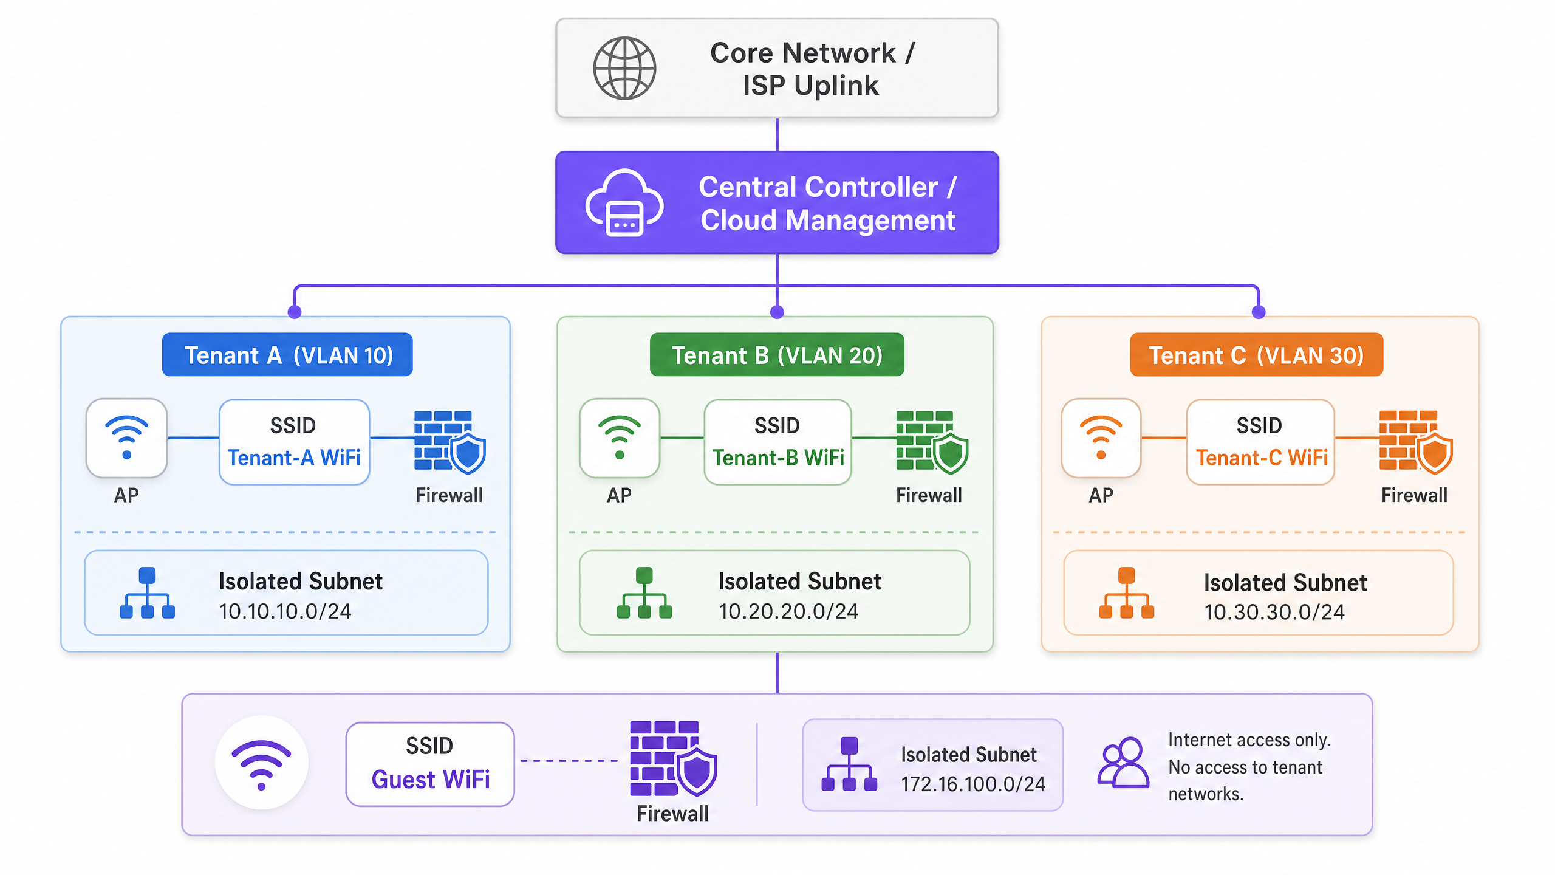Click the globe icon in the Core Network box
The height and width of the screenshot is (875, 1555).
[x=624, y=68]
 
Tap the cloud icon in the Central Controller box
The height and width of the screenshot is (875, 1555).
[x=624, y=203]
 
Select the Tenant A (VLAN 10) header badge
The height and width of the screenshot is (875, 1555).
[x=287, y=355]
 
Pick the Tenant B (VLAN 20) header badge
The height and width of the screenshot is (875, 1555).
[x=777, y=355]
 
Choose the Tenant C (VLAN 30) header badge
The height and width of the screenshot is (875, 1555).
[x=1256, y=355]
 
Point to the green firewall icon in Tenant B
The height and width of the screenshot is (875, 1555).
[x=932, y=442]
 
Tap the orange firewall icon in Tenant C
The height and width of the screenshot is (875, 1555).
[x=1415, y=442]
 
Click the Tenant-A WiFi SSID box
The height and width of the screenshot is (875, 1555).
[x=294, y=442]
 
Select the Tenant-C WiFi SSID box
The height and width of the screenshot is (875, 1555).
[x=1260, y=442]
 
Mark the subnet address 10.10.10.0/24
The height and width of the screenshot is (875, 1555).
[x=285, y=611]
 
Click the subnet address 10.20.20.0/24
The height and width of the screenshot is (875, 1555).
[x=788, y=611]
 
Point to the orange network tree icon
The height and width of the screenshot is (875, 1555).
[x=1127, y=593]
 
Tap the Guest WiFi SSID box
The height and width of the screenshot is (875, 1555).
[x=430, y=764]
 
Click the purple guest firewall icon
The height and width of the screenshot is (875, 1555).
[x=674, y=759]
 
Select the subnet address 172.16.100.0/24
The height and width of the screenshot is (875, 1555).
[x=973, y=784]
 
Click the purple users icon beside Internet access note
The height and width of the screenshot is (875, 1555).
[x=1123, y=763]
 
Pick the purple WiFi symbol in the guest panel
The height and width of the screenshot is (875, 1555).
[x=261, y=764]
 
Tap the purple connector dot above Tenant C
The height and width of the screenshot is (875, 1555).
[x=1259, y=312]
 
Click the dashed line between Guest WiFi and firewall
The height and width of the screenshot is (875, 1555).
[x=569, y=761]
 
